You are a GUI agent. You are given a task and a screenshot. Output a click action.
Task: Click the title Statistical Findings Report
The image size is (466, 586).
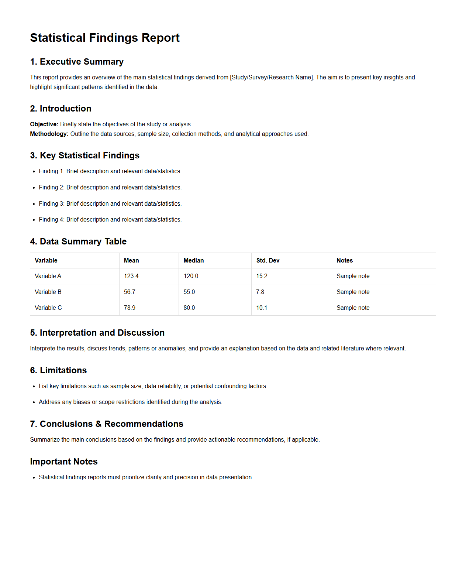[x=105, y=38]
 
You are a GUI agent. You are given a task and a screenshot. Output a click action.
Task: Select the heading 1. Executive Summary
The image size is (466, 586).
[x=77, y=62]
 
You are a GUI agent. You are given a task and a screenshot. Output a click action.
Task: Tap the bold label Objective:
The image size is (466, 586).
[x=44, y=124]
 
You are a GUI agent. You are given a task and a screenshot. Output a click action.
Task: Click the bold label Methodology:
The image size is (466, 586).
[x=49, y=134]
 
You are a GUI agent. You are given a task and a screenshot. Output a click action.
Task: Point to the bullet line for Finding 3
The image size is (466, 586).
[x=110, y=203]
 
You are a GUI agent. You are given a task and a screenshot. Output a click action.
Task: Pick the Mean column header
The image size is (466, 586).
[x=131, y=260]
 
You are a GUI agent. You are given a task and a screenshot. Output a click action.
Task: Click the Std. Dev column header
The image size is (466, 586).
[x=268, y=260]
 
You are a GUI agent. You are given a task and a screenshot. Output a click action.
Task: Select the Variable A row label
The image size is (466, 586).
[x=48, y=276]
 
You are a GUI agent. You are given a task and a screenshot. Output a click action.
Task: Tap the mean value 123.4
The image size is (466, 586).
[x=131, y=276]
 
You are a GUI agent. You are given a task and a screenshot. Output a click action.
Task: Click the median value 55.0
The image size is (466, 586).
[x=189, y=292]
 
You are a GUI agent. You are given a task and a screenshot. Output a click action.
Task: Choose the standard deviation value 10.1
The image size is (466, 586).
[x=262, y=308]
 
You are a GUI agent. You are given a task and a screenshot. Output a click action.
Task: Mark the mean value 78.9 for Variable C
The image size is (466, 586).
[x=130, y=308]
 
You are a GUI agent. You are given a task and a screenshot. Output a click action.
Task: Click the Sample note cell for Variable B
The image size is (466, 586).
[x=353, y=292]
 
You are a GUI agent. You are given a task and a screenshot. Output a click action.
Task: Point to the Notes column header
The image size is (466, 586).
[x=345, y=260]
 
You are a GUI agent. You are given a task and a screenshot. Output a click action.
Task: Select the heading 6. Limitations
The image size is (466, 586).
[x=58, y=370]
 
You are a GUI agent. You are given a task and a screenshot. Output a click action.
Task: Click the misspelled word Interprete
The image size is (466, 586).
[x=42, y=348]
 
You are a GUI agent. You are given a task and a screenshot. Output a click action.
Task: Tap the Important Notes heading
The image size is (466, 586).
[x=64, y=462]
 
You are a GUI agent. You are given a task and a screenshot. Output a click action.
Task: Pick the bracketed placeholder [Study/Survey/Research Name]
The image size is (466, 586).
[x=272, y=77]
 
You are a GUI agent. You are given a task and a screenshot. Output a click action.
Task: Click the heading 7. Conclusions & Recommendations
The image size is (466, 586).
[x=107, y=424]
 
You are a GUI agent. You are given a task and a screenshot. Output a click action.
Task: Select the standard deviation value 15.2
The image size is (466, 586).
[x=262, y=276]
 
